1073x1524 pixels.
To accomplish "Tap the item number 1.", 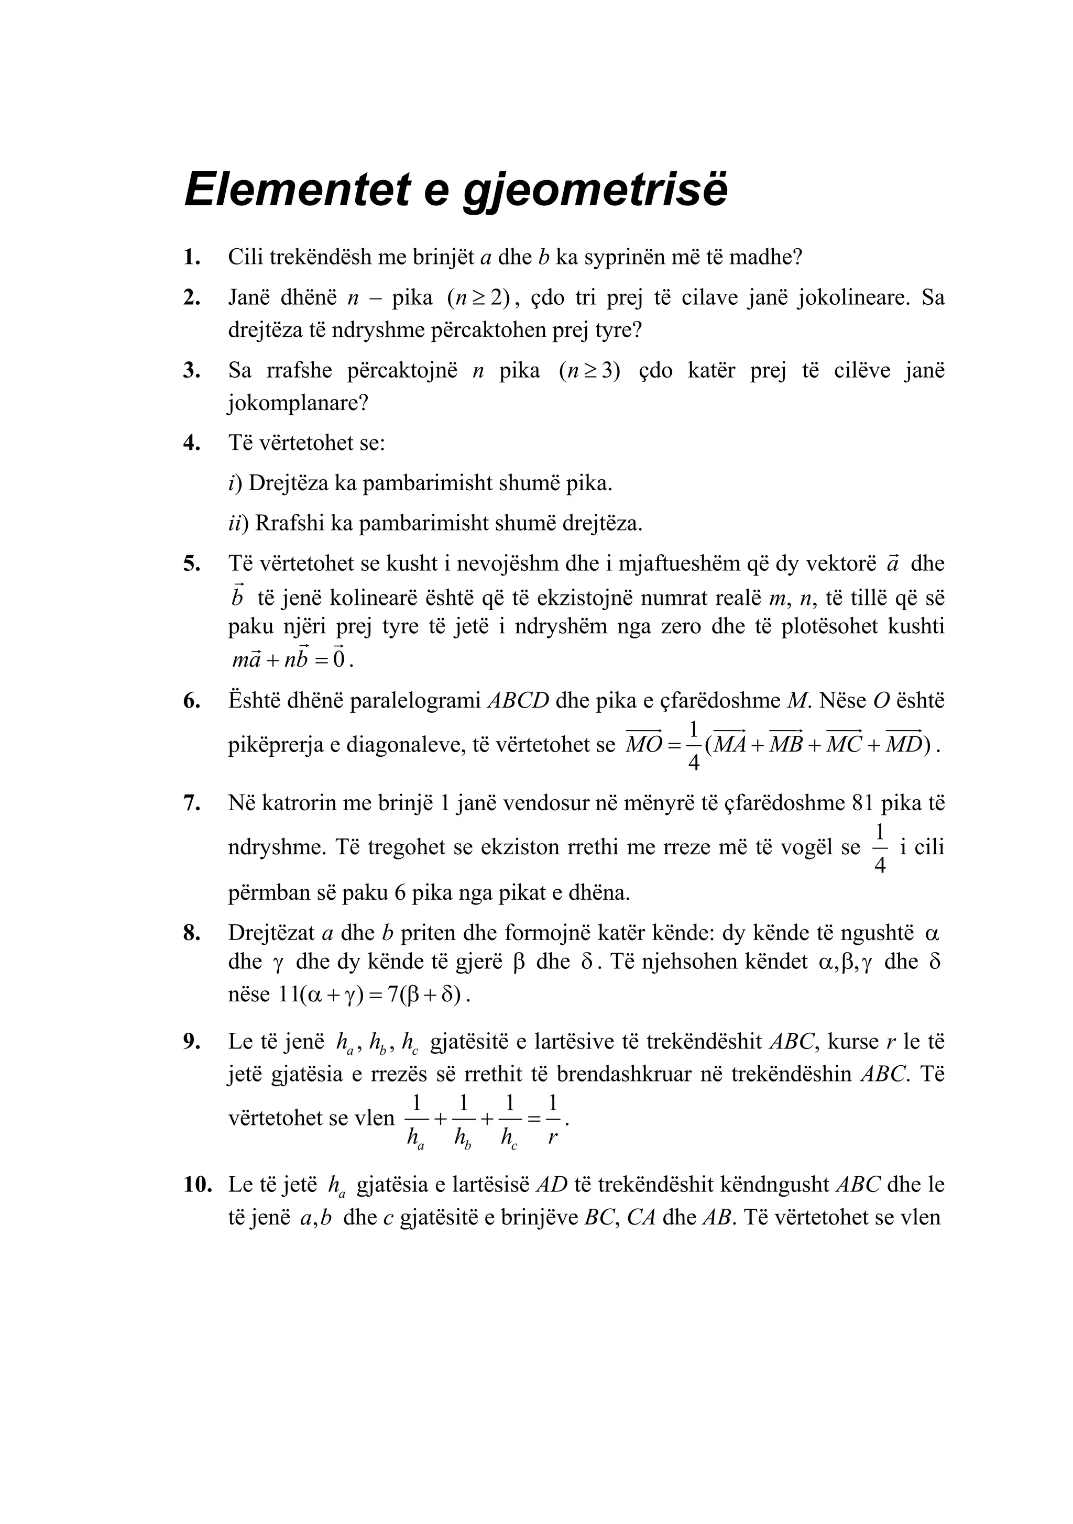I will click(192, 257).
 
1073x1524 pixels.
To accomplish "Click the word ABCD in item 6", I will click(518, 701).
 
